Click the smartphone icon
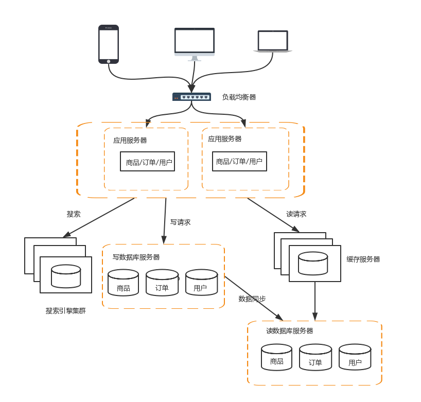pyautogui.click(x=109, y=44)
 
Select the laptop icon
pyautogui.click(x=273, y=42)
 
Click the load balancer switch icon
pyautogui.click(x=191, y=97)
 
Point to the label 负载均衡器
pyautogui.click(x=239, y=97)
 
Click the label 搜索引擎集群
pyautogui.click(x=65, y=311)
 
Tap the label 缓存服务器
pyautogui.click(x=363, y=259)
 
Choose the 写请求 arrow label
pyautogui.click(x=181, y=222)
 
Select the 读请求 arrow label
pyautogui.click(x=296, y=214)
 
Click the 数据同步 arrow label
pyautogui.click(x=252, y=299)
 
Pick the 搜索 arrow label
pyautogui.click(x=74, y=214)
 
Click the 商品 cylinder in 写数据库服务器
pyautogui.click(x=124, y=283)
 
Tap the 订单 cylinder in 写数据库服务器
pyautogui.click(x=162, y=283)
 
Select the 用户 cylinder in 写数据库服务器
pyautogui.click(x=201, y=283)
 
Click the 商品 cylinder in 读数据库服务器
pyautogui.click(x=276, y=357)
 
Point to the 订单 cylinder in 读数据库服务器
pyautogui.click(x=315, y=357)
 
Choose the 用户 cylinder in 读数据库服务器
pyautogui.click(x=355, y=357)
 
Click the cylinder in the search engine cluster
pyautogui.click(x=66, y=276)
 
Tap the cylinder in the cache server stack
pyautogui.click(x=314, y=263)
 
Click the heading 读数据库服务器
pyautogui.click(x=290, y=331)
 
